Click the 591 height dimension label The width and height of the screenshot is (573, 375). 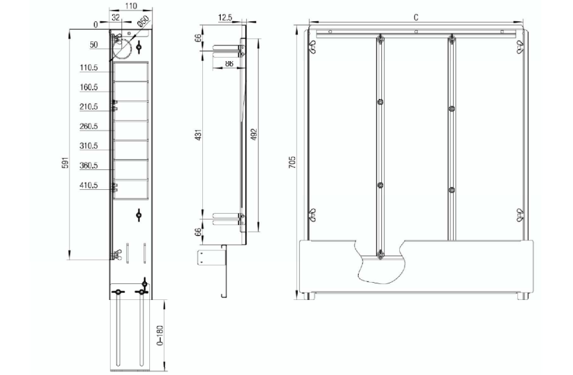(66, 163)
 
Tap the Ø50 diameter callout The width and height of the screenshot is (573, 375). (143, 22)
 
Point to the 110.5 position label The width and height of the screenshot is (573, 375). (89, 68)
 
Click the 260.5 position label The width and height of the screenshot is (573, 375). (89, 126)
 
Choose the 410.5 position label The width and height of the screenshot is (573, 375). (89, 185)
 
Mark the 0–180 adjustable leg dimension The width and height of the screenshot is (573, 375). (160, 337)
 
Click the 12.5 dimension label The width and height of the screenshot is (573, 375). (225, 17)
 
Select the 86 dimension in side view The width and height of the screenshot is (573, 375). (229, 64)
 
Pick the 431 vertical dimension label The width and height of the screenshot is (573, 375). (199, 135)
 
